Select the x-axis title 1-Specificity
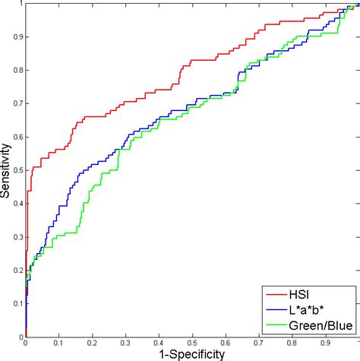coord(192,353)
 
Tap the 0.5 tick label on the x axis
coord(192,344)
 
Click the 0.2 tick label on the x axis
coord(93,344)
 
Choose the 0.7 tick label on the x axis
coord(259,344)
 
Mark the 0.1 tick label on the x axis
coord(59,344)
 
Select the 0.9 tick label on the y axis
coord(17,37)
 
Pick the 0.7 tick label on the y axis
coord(17,103)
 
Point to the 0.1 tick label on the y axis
coord(17,303)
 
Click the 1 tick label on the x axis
coord(356,344)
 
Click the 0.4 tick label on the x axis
coord(159,344)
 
